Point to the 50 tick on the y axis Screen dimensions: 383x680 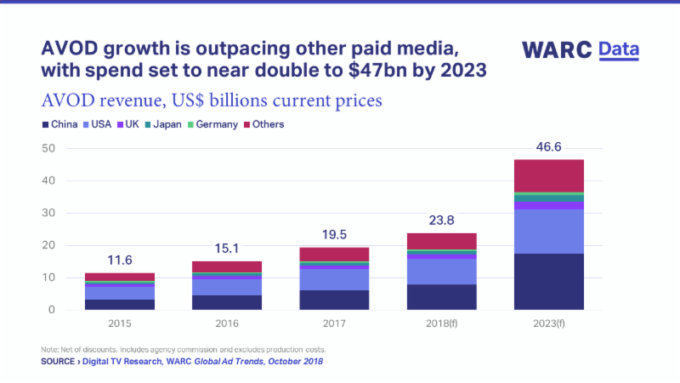tap(49, 148)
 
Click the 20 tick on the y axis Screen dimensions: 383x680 tap(49, 245)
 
